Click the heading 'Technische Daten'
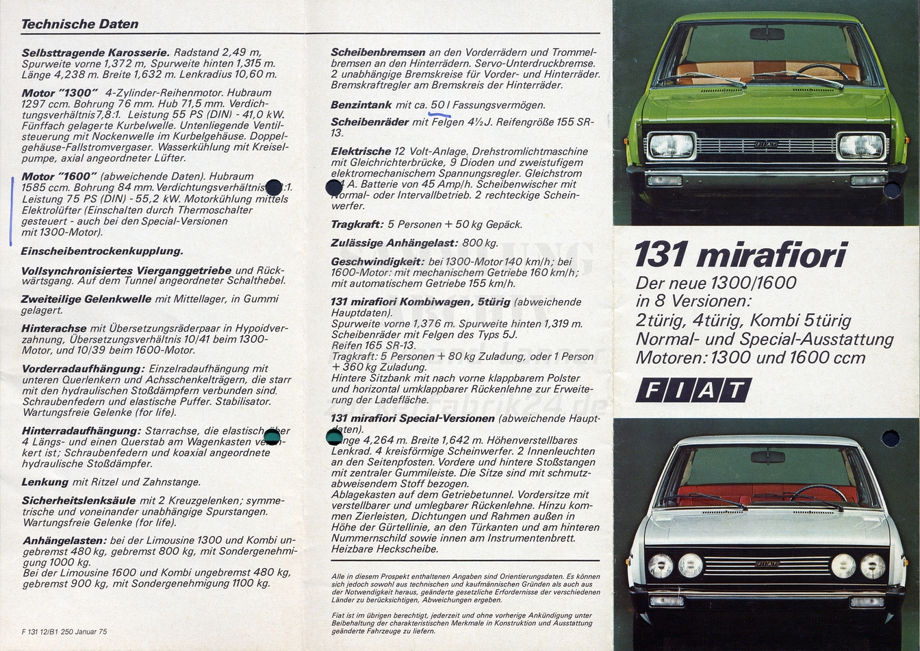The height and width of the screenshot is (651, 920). point(79,24)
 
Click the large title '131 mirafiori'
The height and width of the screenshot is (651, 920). point(740,255)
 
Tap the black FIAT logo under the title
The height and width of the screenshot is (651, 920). point(693,391)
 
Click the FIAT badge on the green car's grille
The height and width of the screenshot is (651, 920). point(765,145)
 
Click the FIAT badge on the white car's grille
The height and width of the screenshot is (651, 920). point(766,564)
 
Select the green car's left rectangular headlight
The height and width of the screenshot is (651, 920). point(671,146)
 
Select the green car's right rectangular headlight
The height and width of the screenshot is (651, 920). point(861,146)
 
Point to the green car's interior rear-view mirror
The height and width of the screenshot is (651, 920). point(767,34)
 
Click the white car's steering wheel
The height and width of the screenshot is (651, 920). point(818,492)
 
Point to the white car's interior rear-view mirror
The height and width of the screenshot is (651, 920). point(767,456)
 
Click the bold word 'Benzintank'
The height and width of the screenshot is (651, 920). point(361,105)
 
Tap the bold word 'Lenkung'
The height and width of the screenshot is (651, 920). point(45,482)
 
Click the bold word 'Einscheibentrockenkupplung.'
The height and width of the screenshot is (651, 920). point(102,251)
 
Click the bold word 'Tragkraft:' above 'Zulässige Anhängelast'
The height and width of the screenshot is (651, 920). point(356,224)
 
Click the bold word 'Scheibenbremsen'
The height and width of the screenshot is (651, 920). point(378,52)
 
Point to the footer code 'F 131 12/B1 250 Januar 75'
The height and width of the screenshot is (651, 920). point(64,631)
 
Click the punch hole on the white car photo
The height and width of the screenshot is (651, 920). point(890,439)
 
